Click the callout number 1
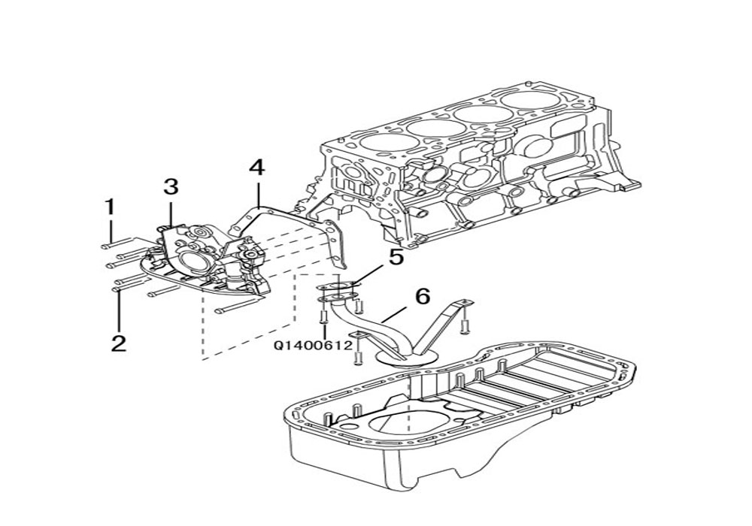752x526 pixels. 111,207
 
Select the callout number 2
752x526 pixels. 119,343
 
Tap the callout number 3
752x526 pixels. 171,187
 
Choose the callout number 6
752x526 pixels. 423,297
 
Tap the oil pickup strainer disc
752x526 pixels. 407,357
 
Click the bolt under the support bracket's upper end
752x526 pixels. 464,326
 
